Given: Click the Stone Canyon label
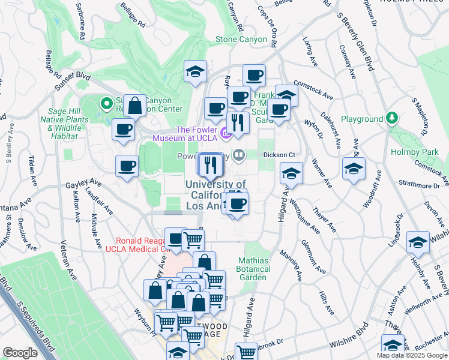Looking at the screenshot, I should (x=241, y=40).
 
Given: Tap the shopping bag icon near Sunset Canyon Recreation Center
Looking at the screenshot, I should (x=136, y=106).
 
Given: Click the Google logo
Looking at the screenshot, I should (x=20, y=353).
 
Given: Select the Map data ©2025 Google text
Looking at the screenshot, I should (x=412, y=355).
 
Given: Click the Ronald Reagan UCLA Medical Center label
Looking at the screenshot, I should (x=139, y=245).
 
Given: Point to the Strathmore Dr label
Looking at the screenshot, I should (x=419, y=186).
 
